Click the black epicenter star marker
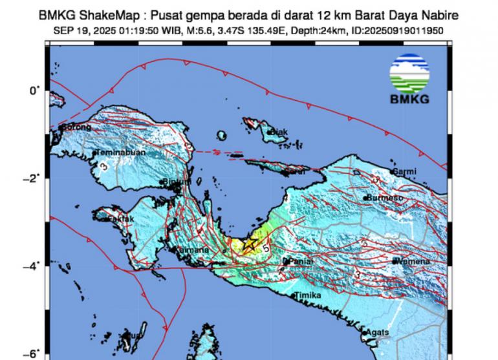(250, 244)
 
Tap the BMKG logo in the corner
(409, 79)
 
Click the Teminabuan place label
(121, 153)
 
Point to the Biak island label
(279, 132)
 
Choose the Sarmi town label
(406, 171)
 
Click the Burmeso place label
(385, 197)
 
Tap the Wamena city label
(415, 261)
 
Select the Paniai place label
(300, 261)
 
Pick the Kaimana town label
(193, 249)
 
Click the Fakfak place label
(120, 220)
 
